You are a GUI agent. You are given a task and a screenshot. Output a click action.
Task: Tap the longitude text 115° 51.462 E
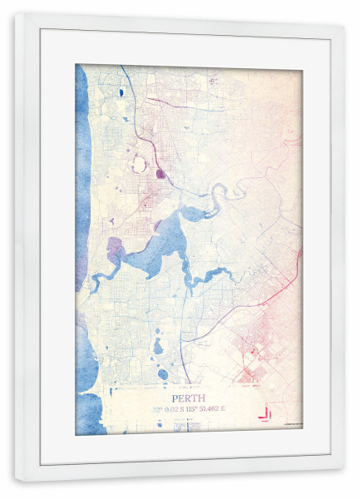(208, 408)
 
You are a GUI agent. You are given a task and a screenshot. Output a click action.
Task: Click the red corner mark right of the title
(264, 412)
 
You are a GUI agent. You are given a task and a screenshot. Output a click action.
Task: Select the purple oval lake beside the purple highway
(160, 174)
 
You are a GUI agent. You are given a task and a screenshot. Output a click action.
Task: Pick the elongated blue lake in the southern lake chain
(158, 346)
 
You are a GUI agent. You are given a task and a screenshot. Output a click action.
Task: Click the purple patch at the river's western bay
(115, 249)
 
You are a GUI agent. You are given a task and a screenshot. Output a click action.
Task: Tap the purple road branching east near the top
(183, 106)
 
